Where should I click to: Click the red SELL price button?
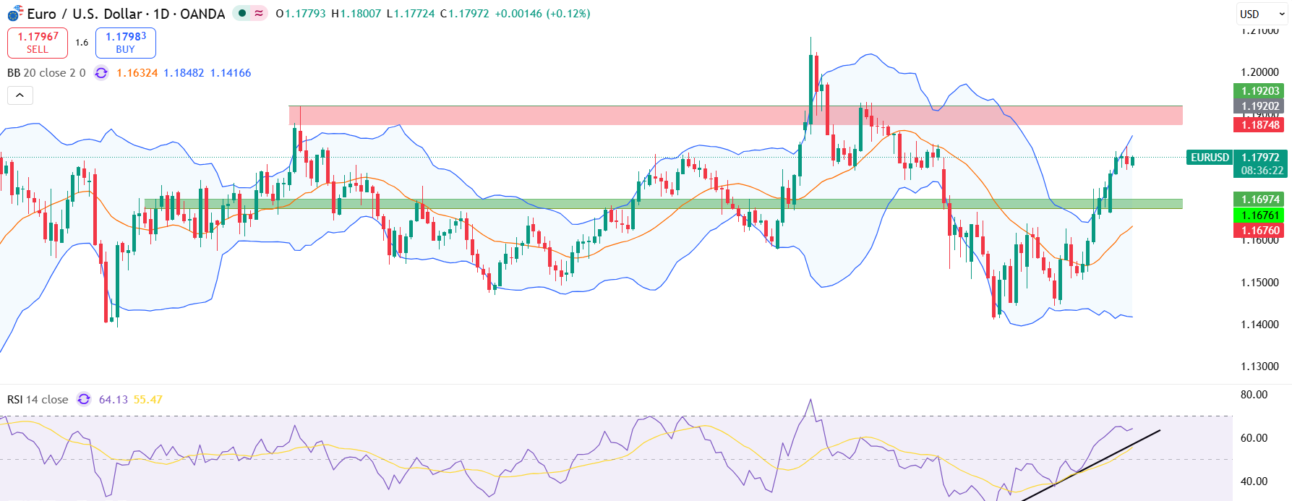tap(38, 43)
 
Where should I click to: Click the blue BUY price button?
tap(126, 43)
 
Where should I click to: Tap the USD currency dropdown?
tap(1261, 14)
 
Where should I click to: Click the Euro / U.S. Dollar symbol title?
tap(126, 14)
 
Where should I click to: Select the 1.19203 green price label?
tap(1260, 90)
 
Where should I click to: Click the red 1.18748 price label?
tap(1260, 124)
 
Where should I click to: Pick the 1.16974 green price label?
tap(1260, 199)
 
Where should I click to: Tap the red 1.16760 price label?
tap(1260, 231)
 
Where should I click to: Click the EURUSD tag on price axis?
tap(1210, 157)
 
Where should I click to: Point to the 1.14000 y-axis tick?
tap(1259, 325)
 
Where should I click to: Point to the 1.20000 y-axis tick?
tap(1259, 72)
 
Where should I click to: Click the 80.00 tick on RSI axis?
tap(1254, 395)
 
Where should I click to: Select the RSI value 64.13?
tap(113, 400)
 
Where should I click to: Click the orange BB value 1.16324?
tap(137, 73)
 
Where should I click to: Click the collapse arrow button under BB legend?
tap(20, 95)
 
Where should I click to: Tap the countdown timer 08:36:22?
tap(1262, 171)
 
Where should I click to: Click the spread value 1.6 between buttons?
tap(82, 43)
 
